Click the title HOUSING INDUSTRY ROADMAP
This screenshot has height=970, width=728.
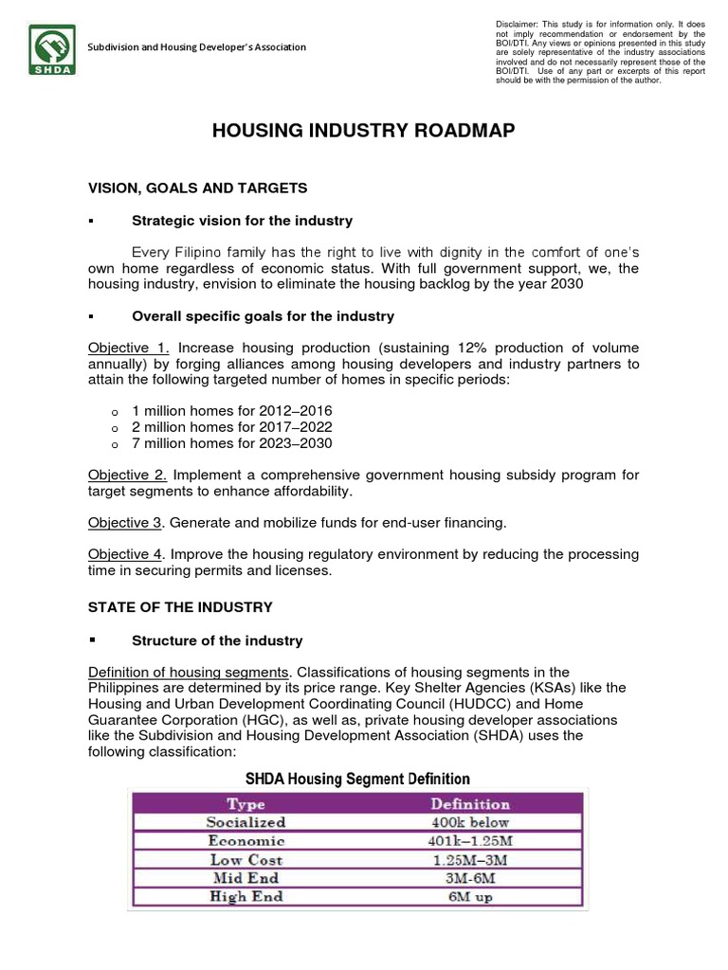coord(363,132)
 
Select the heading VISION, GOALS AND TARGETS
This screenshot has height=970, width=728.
coord(197,189)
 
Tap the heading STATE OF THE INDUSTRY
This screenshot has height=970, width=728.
coord(180,607)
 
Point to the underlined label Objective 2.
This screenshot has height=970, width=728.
coord(128,475)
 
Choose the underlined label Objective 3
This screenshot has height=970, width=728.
coord(126,523)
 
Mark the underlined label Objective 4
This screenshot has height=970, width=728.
coord(126,554)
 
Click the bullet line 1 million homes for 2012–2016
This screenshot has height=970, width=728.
coord(232,410)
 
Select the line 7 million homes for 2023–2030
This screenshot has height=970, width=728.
coord(232,442)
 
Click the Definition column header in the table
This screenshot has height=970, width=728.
coord(470,803)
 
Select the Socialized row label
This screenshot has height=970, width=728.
coord(246,822)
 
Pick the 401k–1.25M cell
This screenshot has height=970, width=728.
coord(470,840)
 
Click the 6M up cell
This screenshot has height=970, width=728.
coord(470,896)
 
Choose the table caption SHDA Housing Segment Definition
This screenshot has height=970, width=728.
coord(357,780)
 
